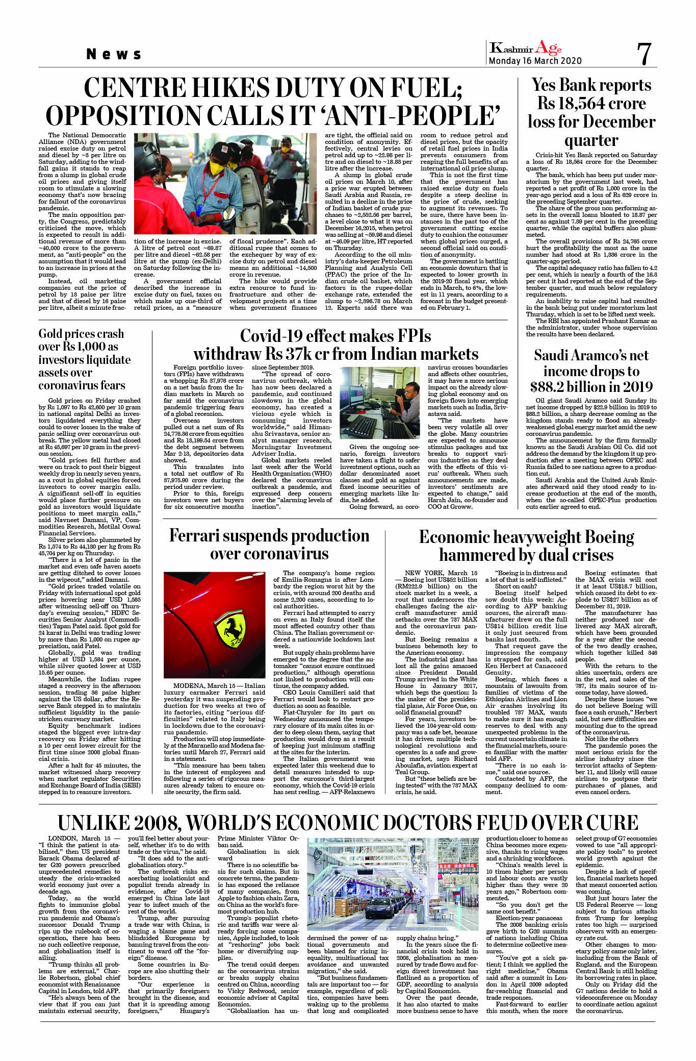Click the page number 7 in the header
644,54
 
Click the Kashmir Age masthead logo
525,48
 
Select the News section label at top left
114,54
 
